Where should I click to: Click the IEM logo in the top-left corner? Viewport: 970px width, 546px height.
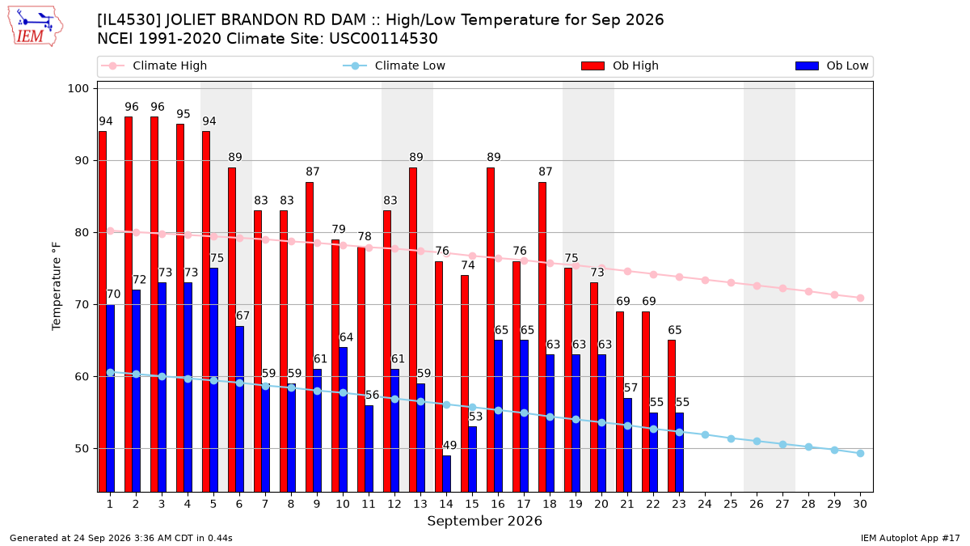point(36,26)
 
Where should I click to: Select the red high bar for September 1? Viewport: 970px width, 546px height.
point(103,311)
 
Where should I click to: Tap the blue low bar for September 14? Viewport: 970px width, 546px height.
point(446,474)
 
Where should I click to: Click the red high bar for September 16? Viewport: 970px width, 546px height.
point(491,330)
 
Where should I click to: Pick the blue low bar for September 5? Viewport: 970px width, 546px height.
point(214,380)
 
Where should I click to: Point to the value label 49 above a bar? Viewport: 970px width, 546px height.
point(450,445)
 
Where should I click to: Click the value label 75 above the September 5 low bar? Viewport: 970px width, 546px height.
point(217,258)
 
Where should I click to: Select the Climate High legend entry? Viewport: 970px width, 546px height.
point(154,66)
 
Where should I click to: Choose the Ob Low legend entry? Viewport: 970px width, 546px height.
point(832,66)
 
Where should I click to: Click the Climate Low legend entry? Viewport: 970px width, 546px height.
point(394,66)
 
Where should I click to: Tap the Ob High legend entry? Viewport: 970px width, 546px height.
point(620,66)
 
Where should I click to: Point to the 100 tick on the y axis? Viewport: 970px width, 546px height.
point(78,88)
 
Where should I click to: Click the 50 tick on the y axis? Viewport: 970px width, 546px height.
point(82,448)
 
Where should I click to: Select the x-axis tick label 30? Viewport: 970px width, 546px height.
point(860,504)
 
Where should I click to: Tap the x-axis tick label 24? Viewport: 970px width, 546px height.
point(705,504)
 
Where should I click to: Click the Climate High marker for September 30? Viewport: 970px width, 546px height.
point(860,298)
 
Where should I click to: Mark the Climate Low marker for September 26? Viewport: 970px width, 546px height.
point(757,441)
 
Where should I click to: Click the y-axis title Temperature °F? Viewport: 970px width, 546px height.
point(57,286)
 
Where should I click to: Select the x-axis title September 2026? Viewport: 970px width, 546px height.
point(484,521)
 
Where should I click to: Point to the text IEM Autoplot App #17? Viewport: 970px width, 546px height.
point(910,538)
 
